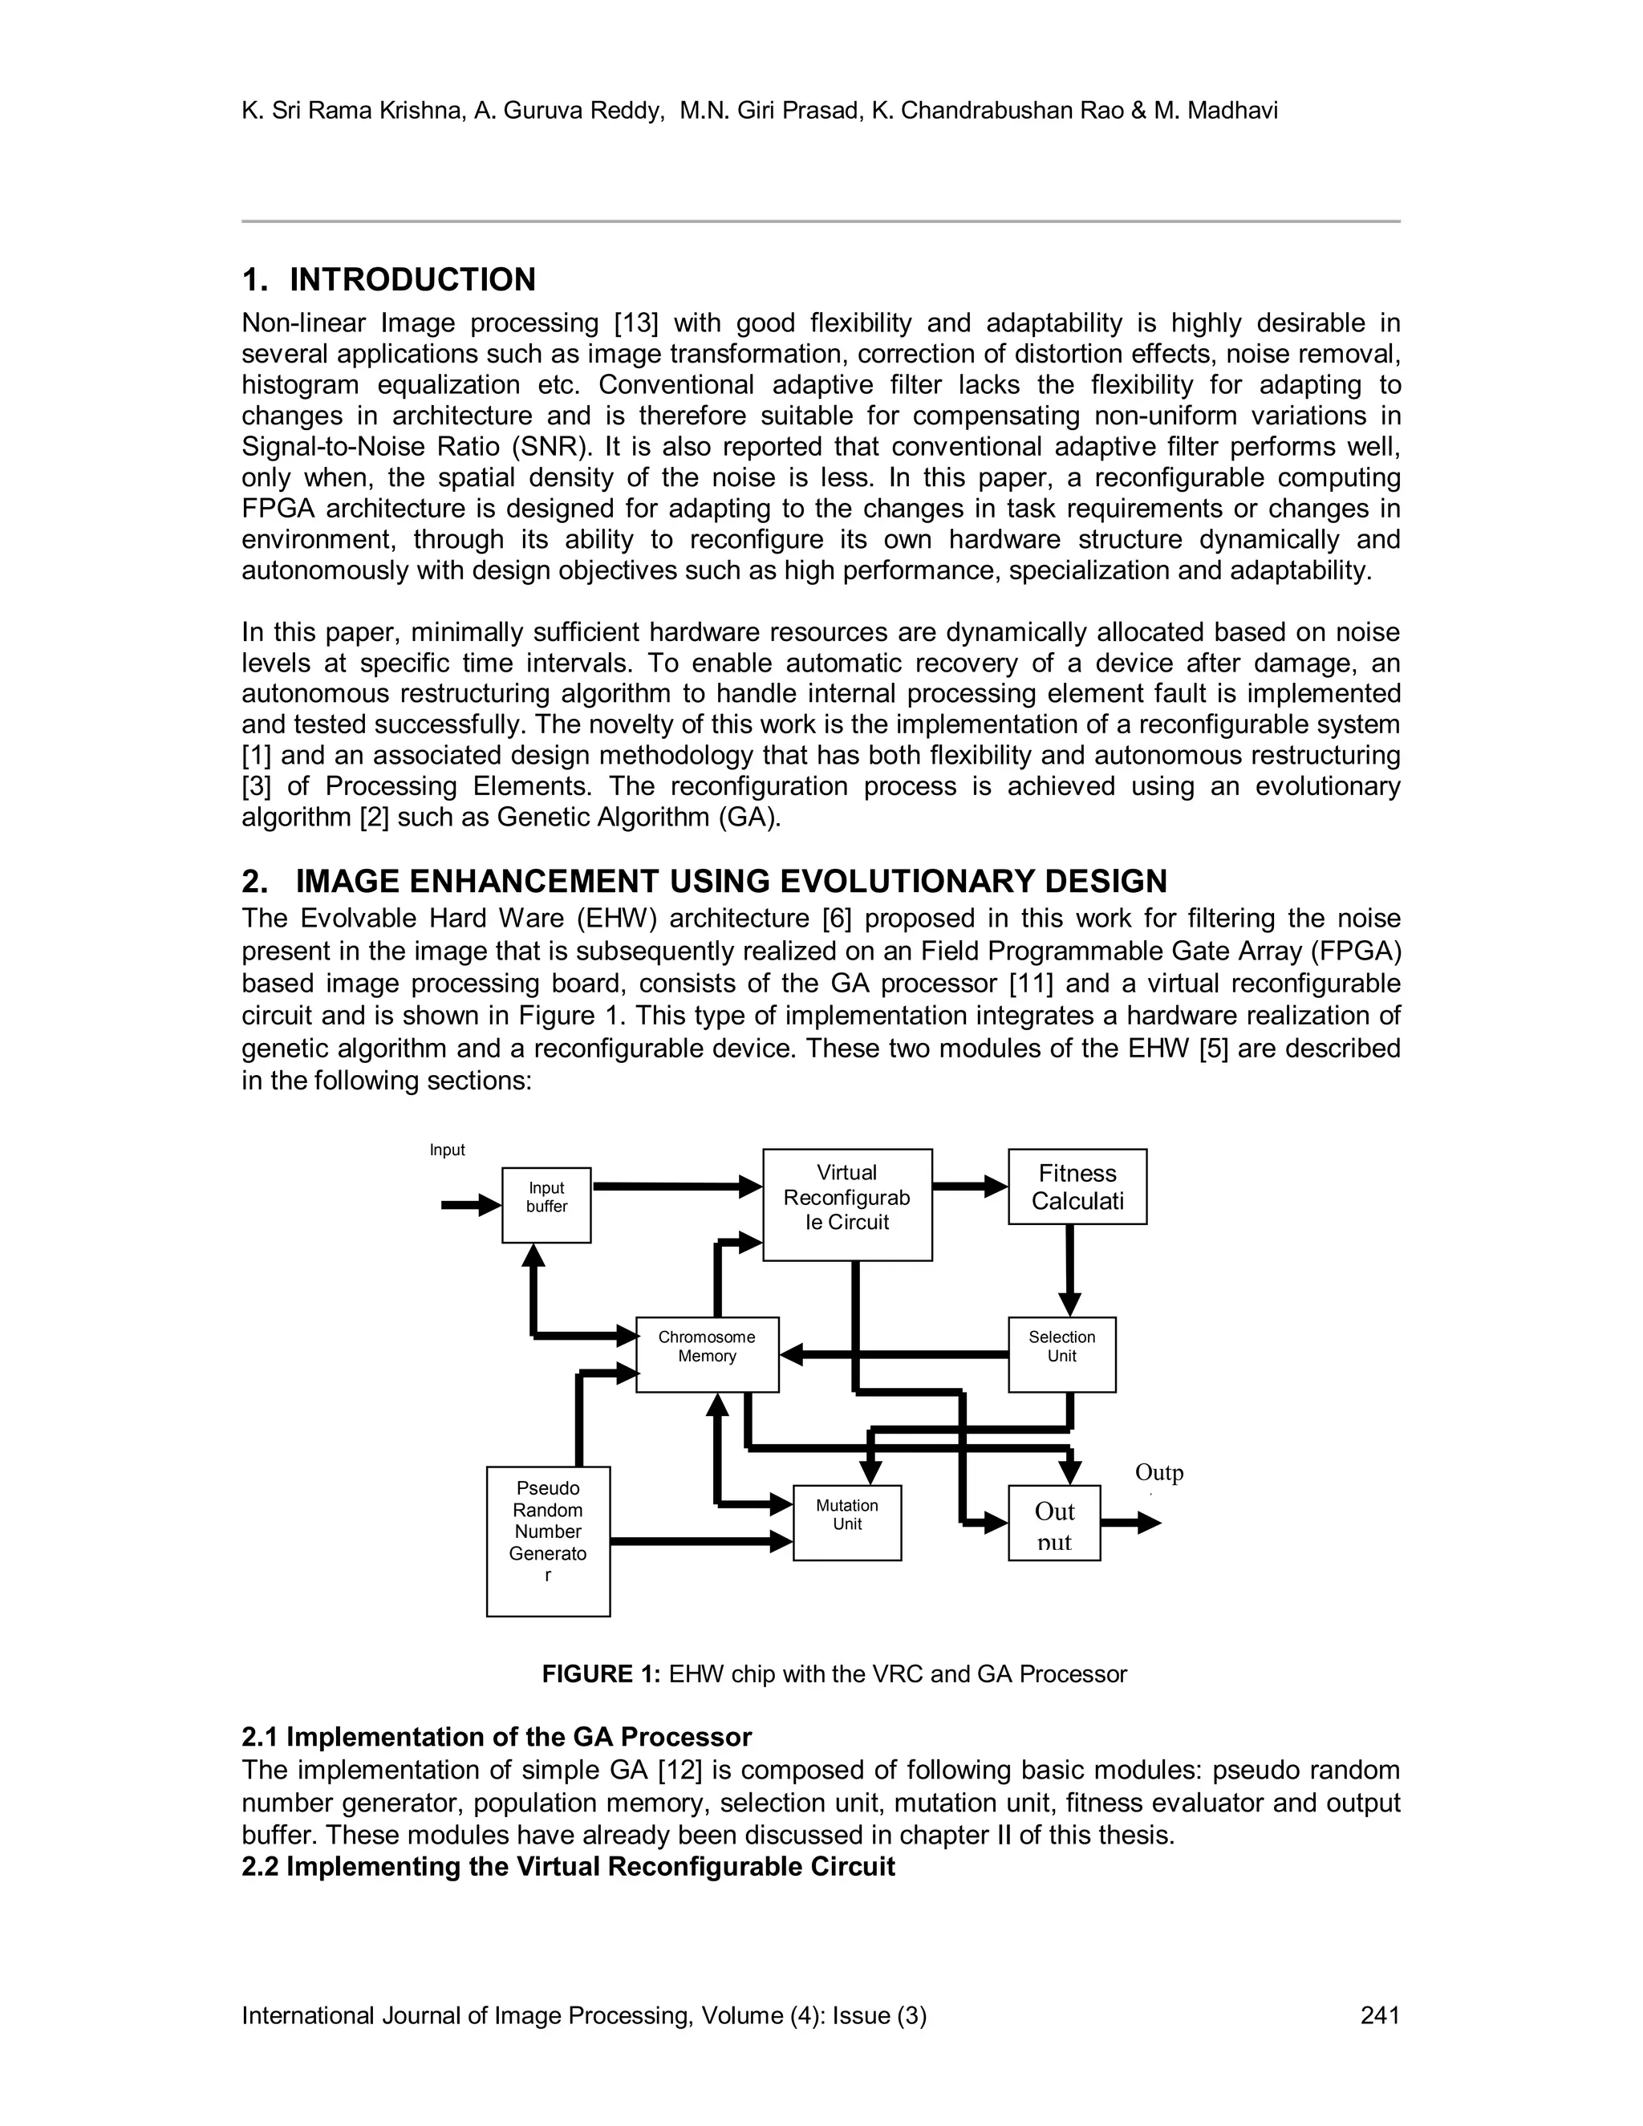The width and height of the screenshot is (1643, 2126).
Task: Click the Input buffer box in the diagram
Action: [546, 1204]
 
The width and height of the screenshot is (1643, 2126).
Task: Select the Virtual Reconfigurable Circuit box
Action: [847, 1204]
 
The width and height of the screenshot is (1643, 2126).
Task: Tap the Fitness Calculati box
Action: [1077, 1187]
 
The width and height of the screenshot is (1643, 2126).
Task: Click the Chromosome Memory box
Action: [707, 1354]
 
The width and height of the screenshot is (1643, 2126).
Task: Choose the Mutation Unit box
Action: [847, 1523]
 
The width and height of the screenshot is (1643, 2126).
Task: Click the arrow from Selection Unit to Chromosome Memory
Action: [895, 1354]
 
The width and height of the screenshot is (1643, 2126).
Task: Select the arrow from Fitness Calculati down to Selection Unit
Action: [1069, 1270]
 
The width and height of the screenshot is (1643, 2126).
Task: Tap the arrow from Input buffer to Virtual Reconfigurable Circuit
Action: [676, 1187]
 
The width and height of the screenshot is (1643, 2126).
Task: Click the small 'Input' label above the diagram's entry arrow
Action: [448, 1150]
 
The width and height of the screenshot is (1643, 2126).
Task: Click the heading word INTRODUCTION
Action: [412, 279]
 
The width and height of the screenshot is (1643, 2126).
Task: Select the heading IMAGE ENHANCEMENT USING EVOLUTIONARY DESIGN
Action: [730, 881]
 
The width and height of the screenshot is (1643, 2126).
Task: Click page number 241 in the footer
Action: [1379, 2015]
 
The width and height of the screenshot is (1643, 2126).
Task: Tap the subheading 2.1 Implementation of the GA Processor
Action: [497, 1738]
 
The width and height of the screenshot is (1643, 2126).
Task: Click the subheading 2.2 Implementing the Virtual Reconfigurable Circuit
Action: [567, 1866]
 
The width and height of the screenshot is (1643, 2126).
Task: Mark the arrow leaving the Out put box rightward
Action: [1131, 1523]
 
